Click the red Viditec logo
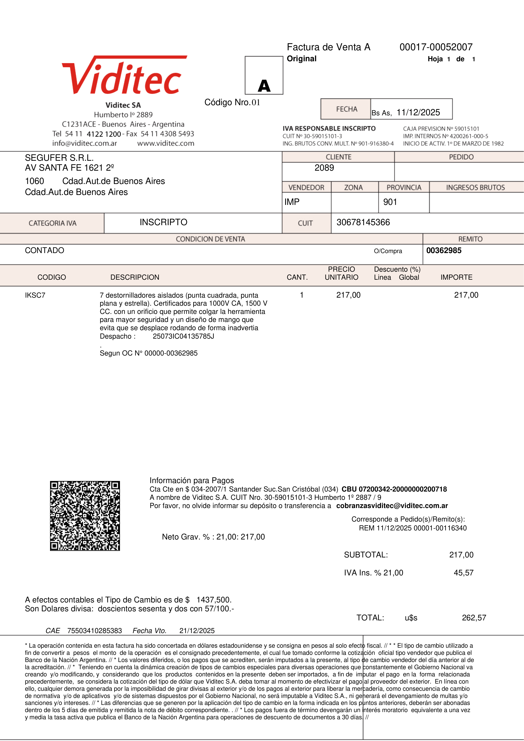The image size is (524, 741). point(124,76)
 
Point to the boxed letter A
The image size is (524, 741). point(264,86)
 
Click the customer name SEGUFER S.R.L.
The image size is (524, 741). point(59,158)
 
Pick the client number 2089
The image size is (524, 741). point(324,168)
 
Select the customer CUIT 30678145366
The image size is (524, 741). point(363,222)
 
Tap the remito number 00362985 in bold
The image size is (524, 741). point(444,251)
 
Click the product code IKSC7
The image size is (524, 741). point(35,295)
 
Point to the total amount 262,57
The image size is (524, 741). point(474,618)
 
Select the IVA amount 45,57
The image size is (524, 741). point(463,573)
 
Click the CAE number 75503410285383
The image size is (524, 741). point(95,631)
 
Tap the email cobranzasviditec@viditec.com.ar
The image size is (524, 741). point(392,506)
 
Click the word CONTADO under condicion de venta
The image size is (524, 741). point(45,251)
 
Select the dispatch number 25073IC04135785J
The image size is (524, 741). point(183,336)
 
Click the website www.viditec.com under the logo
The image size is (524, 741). point(166,143)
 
